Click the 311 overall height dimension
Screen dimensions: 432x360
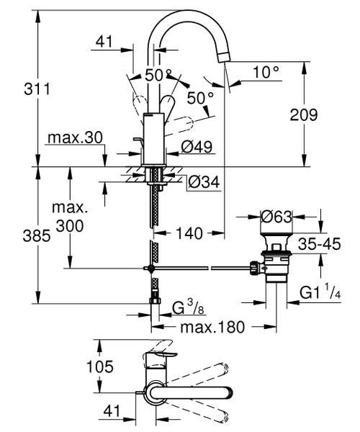click(x=17, y=90)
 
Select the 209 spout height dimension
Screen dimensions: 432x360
click(x=325, y=114)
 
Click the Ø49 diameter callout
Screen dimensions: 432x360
click(x=196, y=147)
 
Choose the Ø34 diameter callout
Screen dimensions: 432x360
click(x=203, y=183)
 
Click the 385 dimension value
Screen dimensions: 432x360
click(x=17, y=235)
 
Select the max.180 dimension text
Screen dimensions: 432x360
click(x=214, y=327)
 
